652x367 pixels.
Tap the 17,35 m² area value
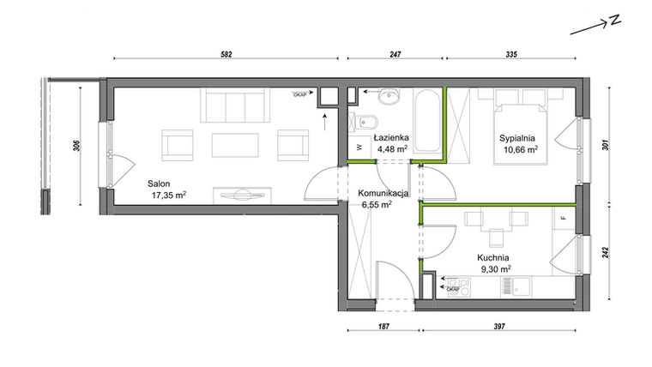[169, 195]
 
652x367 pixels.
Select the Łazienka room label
[390, 137]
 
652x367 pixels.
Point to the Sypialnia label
[521, 136]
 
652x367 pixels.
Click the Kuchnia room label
[494, 256]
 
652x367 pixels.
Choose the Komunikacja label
[378, 193]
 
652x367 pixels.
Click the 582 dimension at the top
[226, 54]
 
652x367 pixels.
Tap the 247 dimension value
[395, 54]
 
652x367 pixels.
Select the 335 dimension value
[511, 54]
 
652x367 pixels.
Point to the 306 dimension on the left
[76, 146]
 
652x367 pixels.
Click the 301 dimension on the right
[607, 145]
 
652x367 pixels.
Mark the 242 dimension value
[607, 252]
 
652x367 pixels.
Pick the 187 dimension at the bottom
[383, 327]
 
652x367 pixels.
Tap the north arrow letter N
[615, 21]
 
